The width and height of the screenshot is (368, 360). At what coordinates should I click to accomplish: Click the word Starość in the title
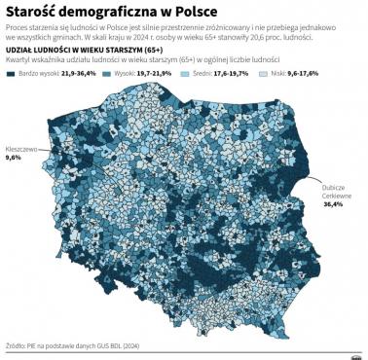pos(31,11)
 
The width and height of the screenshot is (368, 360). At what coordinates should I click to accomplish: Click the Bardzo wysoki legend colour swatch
pos(14,73)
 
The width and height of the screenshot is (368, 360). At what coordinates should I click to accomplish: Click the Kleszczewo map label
pos(21,149)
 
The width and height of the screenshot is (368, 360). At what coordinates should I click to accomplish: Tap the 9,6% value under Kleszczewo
pos(14,158)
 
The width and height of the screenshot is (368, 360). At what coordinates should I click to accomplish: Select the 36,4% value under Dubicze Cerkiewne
pos(334,205)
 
